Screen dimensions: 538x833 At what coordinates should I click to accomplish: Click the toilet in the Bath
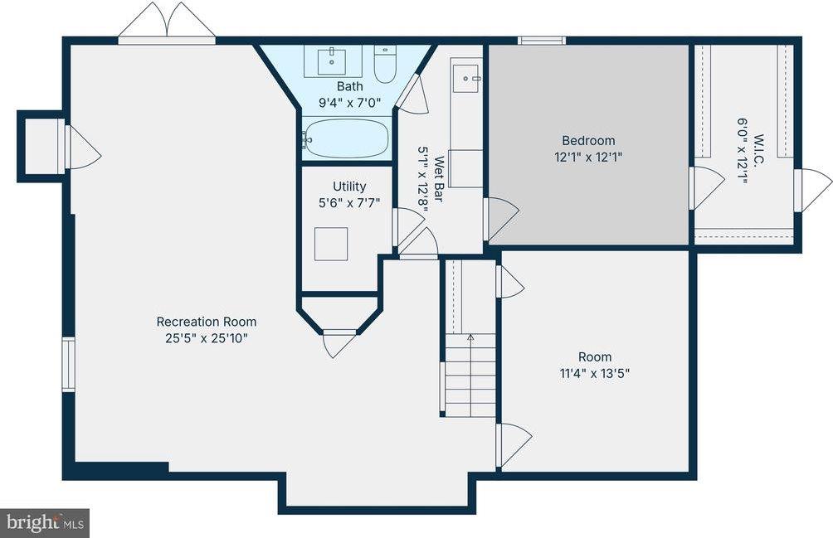(x=384, y=64)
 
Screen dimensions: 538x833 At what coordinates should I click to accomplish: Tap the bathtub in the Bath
(x=347, y=138)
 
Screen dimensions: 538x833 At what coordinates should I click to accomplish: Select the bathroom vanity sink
(x=332, y=60)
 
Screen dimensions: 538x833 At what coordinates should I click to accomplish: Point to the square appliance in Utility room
(x=331, y=244)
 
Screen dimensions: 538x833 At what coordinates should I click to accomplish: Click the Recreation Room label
(x=207, y=322)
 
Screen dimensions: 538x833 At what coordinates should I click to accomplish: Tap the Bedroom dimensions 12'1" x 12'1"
(x=588, y=156)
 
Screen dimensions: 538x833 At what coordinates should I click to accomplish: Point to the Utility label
(x=349, y=187)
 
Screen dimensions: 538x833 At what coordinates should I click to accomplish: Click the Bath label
(x=349, y=86)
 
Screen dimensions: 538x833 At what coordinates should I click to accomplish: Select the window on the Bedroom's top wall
(x=542, y=40)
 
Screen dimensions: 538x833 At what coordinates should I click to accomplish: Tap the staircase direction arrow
(x=470, y=338)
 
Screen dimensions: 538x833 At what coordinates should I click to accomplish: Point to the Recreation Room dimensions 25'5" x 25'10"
(x=207, y=338)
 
